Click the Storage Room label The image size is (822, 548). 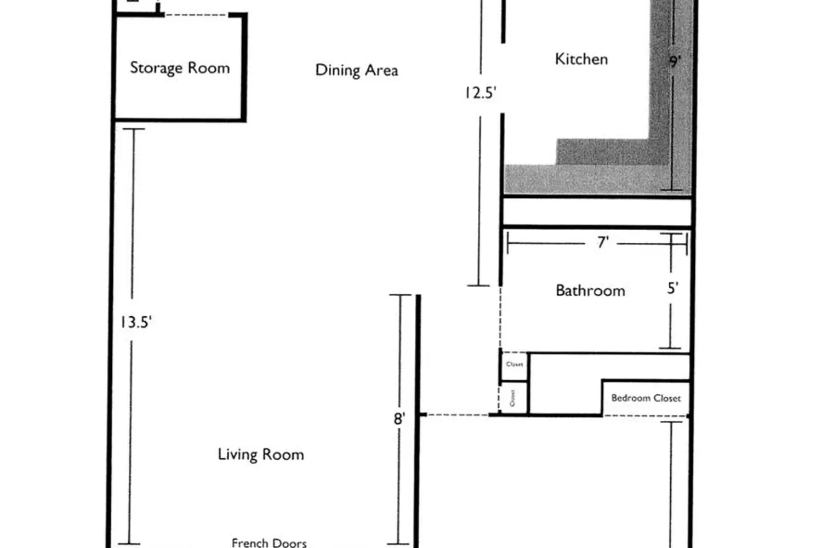(180, 68)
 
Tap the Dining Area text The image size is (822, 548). (356, 70)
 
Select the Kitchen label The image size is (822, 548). (581, 59)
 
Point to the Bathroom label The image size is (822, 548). (590, 290)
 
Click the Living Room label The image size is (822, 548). (261, 454)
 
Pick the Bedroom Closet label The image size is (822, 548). (646, 398)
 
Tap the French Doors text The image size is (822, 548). (269, 543)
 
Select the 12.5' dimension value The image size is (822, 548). (480, 93)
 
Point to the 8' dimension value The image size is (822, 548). (399, 419)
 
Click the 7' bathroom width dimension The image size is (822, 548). (603, 242)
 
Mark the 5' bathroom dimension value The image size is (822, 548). (673, 288)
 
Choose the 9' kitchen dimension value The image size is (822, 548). (675, 61)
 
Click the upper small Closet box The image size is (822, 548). (515, 365)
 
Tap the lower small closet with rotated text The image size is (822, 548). (513, 398)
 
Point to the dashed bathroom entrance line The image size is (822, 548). (500, 318)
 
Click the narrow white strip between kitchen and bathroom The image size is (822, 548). (597, 212)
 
